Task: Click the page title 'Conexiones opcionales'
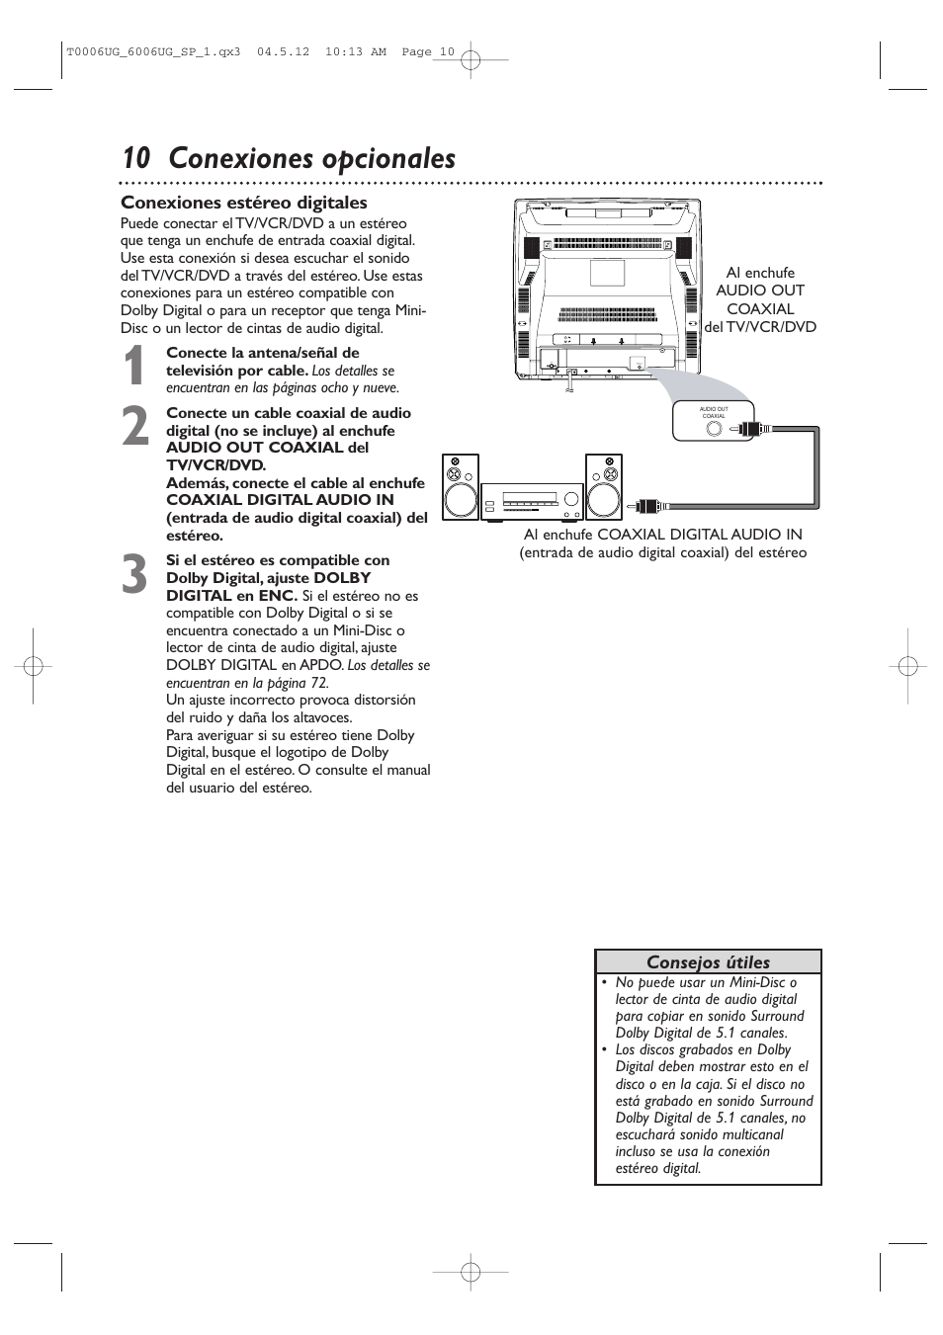(311, 159)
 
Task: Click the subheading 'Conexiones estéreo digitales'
(243, 203)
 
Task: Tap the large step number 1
(136, 368)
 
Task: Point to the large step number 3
(136, 575)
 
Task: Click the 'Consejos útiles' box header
(708, 961)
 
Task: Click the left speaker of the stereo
(460, 487)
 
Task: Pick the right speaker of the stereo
(603, 487)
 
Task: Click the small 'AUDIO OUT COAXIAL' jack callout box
(714, 421)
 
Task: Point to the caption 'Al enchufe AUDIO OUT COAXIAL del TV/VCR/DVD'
(760, 299)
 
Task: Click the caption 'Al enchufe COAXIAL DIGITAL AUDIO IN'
(662, 535)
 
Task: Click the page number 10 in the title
(136, 159)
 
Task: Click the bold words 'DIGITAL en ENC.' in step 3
(231, 596)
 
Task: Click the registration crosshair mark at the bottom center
(471, 1272)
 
